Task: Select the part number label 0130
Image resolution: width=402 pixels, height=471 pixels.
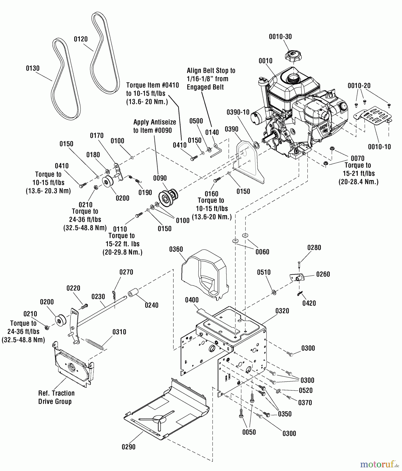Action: pos(33,68)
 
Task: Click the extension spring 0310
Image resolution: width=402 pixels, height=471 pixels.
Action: pos(95,343)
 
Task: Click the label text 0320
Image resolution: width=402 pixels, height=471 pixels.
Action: pos(282,311)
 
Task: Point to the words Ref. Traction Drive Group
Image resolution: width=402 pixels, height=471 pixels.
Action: pos(56,397)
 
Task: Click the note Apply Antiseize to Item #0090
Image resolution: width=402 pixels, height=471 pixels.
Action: pos(155,126)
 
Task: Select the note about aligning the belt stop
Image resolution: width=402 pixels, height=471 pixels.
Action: pos(211,79)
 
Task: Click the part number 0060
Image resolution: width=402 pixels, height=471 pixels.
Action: pos(262,252)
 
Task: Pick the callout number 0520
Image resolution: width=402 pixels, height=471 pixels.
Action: pos(306,390)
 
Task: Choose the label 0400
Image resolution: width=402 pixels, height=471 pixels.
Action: pos(192,300)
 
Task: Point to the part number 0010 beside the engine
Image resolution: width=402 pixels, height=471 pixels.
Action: pos(265,61)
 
